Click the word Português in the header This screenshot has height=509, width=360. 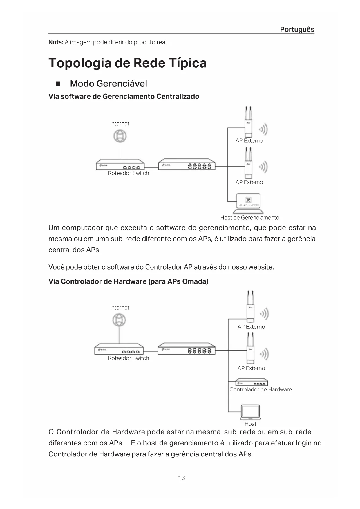click(x=297, y=29)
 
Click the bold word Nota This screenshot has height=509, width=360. click(x=55, y=42)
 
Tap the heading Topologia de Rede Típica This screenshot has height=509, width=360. click(x=127, y=63)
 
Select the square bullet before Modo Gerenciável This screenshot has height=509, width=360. click(x=58, y=84)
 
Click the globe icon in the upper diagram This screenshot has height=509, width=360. click(x=120, y=136)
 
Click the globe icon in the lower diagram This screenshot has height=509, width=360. click(x=119, y=320)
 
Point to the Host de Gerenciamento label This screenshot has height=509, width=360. click(x=249, y=218)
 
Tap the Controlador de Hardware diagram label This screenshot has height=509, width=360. click(x=260, y=389)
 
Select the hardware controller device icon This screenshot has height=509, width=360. click(x=251, y=382)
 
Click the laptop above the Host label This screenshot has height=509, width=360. click(x=250, y=412)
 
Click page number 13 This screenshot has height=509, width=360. click(x=182, y=478)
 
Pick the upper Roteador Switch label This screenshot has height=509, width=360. click(x=128, y=173)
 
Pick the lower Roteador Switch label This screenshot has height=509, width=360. click(x=128, y=358)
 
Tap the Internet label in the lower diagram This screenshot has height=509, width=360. click(x=120, y=308)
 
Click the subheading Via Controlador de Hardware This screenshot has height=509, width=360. click(x=128, y=281)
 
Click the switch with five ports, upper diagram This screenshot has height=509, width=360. click(x=187, y=165)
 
